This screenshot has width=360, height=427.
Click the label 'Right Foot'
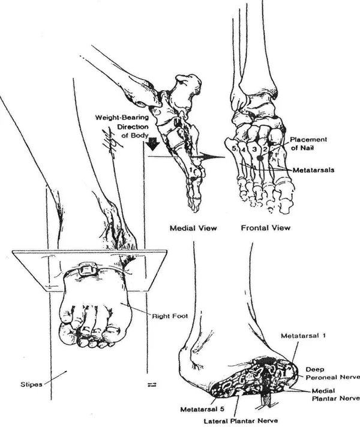170,316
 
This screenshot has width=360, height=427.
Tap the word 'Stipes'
31,384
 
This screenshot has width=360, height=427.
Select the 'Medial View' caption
193,228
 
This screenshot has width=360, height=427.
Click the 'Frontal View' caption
266,228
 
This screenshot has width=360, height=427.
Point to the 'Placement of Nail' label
308,144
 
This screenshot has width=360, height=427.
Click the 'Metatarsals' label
313,170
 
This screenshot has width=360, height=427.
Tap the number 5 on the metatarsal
234,148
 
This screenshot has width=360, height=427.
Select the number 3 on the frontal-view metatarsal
254,149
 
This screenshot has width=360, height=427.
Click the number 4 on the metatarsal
243,150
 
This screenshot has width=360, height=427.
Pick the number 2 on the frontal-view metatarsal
264,149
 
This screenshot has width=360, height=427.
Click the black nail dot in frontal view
260,157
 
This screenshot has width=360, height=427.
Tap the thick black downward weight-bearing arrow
154,144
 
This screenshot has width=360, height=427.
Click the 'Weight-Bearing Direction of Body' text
122,126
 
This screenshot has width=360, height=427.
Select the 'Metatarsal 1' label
303,336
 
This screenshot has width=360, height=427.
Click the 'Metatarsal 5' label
203,410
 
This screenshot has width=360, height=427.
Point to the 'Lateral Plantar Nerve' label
241,421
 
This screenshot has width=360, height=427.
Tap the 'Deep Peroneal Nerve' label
332,374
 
